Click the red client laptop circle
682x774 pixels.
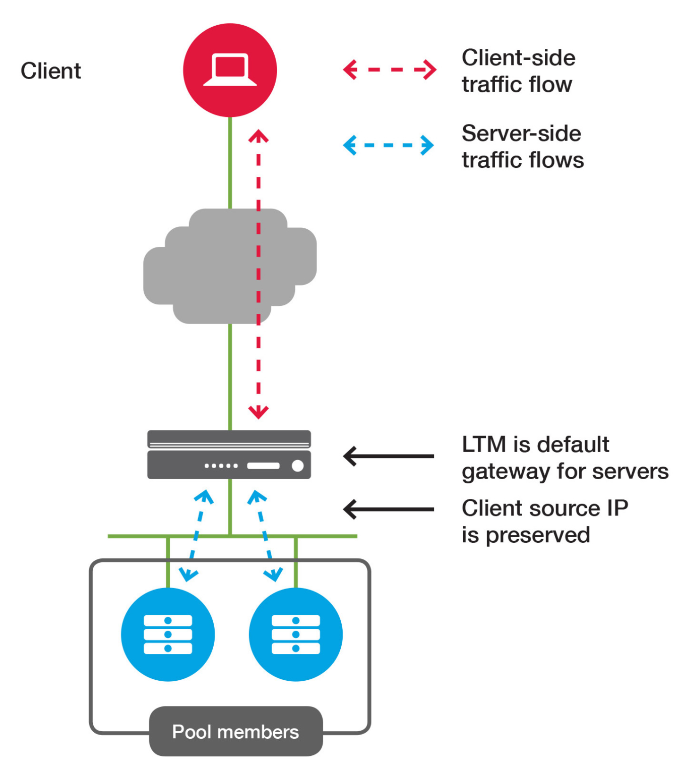(230, 70)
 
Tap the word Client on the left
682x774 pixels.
(50, 71)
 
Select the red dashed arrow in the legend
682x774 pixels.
(389, 70)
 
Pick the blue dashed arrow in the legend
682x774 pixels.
(388, 145)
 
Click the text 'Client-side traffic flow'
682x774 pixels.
(518, 71)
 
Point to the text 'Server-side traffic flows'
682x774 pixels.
(522, 147)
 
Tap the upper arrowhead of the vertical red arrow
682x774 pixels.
(258, 136)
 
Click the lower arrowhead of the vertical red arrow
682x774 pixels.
(258, 412)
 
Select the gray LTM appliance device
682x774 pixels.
(229, 455)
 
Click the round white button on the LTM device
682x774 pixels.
(298, 466)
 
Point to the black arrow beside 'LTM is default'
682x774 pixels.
(388, 456)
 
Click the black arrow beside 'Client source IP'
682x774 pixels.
(388, 509)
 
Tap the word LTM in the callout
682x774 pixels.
(483, 444)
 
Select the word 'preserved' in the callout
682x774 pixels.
(538, 535)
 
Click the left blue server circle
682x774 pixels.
(168, 634)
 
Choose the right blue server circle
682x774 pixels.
(296, 634)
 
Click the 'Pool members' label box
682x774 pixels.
(235, 731)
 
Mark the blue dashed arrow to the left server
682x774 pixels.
(197, 535)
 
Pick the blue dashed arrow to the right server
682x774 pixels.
(265, 535)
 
